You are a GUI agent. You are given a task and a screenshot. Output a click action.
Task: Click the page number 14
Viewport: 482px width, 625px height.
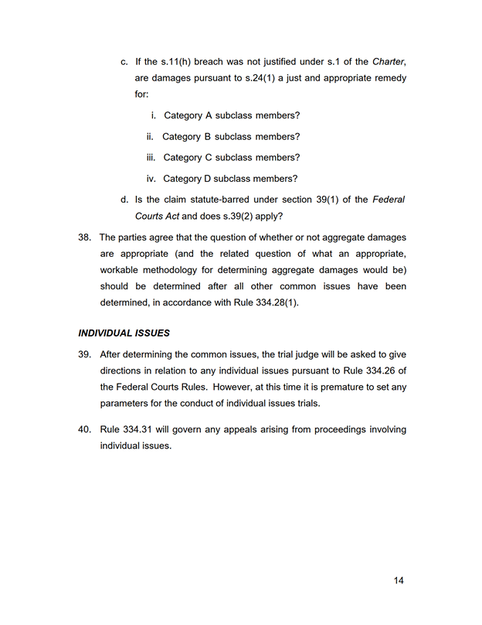click(399, 580)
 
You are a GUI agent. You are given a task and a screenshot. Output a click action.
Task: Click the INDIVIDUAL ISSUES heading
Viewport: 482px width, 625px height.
click(124, 333)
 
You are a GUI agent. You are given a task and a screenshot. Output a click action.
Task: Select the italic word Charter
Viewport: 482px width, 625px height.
click(389, 61)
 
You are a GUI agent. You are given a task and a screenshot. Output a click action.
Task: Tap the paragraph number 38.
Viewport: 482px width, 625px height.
click(85, 237)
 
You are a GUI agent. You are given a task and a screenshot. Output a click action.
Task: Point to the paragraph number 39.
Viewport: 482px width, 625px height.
click(85, 354)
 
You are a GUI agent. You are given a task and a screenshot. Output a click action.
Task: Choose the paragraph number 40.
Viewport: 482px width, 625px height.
click(85, 429)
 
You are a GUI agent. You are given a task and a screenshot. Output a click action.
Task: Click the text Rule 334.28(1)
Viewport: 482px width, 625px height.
click(266, 302)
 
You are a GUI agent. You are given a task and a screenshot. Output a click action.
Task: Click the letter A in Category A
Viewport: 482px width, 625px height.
click(208, 116)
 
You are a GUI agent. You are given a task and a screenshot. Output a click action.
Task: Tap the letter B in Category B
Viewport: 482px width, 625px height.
click(207, 137)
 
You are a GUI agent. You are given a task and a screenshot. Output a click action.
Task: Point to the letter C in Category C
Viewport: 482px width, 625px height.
click(208, 158)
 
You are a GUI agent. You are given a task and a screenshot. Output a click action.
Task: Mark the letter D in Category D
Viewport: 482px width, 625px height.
click(208, 179)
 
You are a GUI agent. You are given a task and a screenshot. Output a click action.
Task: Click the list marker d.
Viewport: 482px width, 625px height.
click(124, 200)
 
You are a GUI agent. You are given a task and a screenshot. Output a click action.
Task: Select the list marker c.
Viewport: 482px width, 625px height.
click(124, 61)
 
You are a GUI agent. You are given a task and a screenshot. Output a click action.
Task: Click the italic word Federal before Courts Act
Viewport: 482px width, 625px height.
click(389, 200)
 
